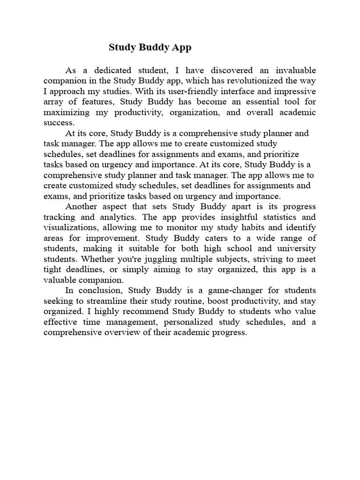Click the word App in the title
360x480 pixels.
182,47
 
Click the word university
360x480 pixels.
295,248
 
